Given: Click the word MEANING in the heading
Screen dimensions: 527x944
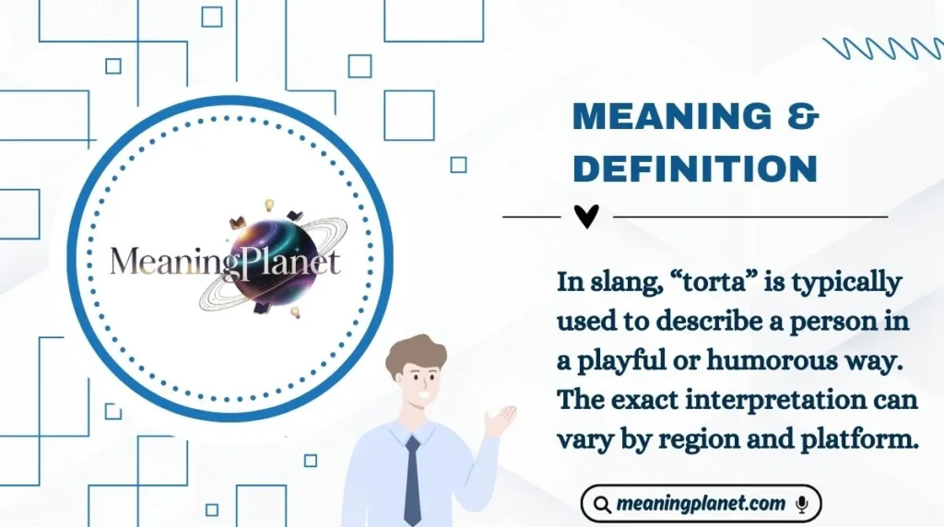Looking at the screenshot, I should (x=671, y=117).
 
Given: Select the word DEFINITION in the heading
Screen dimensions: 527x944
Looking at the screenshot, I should (x=695, y=169).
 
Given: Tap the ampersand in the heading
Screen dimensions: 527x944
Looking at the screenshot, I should (x=803, y=117).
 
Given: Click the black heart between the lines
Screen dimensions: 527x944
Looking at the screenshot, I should (x=586, y=217).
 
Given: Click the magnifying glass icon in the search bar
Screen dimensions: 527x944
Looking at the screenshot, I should (x=602, y=505).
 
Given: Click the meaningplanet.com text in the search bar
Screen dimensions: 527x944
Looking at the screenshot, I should (x=701, y=504).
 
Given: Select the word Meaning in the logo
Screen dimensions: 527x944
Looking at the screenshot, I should (x=166, y=262).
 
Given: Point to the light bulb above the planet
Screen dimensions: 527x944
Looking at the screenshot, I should (x=269, y=205).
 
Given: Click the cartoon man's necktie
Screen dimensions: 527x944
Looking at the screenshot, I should (x=412, y=479).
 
